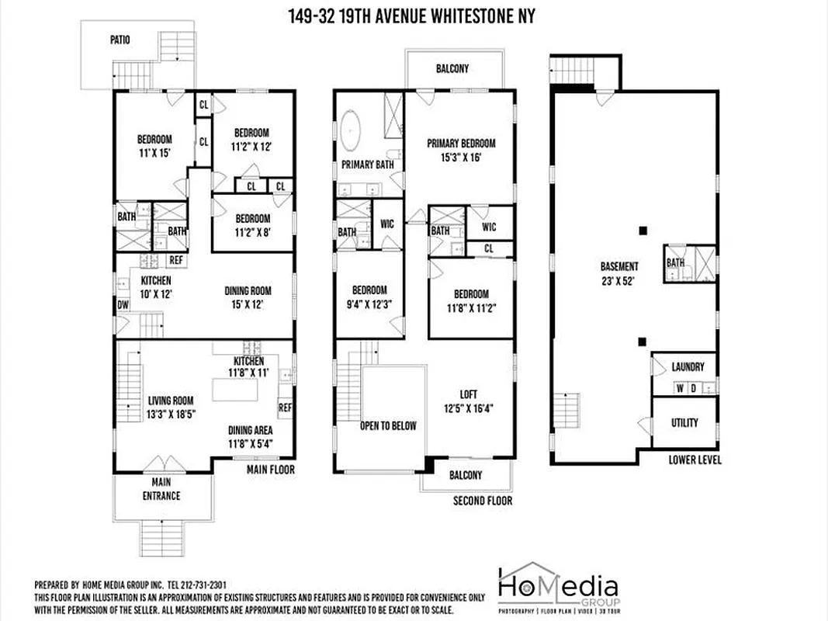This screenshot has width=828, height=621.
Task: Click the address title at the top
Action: [414, 16]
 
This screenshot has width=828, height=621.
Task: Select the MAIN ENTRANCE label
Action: [162, 491]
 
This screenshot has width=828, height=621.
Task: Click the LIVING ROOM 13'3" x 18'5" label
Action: [171, 408]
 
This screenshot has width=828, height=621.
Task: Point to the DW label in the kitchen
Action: [123, 305]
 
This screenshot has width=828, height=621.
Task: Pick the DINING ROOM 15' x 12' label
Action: [248, 297]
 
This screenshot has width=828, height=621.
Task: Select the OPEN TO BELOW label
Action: [388, 425]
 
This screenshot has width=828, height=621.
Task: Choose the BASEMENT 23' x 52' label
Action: [618, 272]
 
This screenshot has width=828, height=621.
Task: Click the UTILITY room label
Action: [684, 423]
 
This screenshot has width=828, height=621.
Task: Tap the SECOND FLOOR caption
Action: [483, 501]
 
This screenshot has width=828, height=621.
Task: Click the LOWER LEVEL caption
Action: [695, 460]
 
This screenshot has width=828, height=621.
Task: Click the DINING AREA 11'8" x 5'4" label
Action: [250, 437]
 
